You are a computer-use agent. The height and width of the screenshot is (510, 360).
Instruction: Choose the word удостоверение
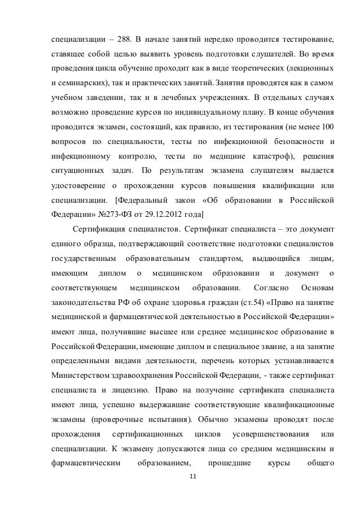[79, 185]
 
